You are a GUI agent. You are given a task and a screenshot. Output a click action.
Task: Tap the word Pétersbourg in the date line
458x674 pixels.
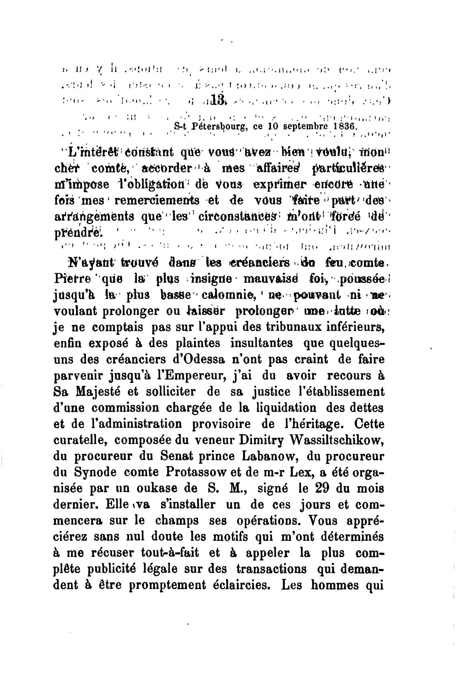pos(216,126)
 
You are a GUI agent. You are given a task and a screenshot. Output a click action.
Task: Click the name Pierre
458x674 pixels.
pos(71,278)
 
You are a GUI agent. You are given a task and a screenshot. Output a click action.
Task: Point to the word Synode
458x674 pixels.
pos(96,472)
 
